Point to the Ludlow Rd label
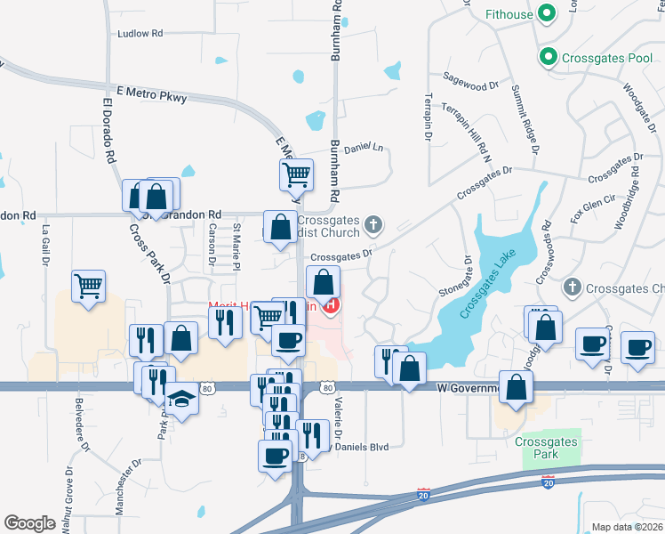[x=140, y=34]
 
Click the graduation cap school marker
[x=182, y=399]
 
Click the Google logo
[x=28, y=523]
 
